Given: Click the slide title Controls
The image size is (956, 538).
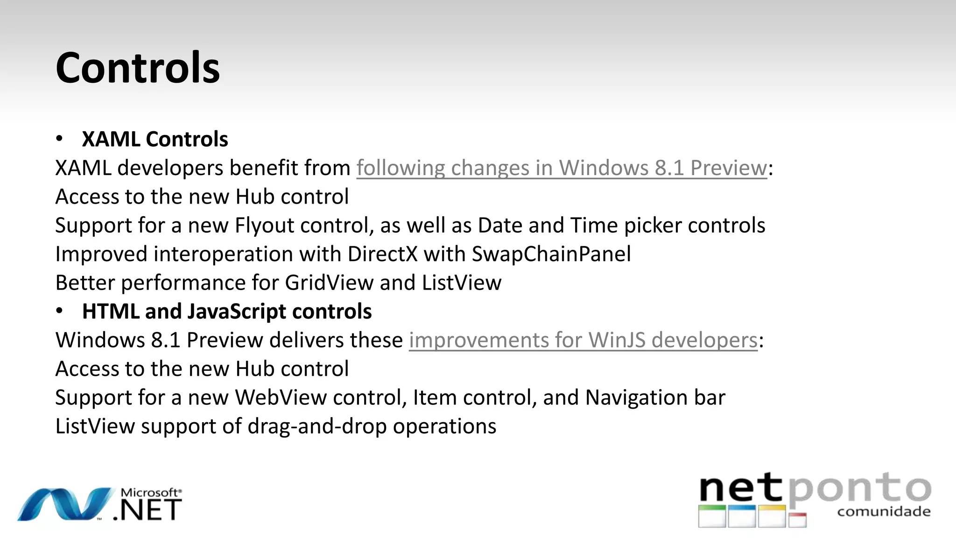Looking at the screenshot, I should click(137, 68).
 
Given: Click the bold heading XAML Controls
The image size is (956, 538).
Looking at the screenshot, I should click(155, 139).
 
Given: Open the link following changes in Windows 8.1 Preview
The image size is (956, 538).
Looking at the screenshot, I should click(561, 168).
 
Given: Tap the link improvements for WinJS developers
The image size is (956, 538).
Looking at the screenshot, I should click(583, 340).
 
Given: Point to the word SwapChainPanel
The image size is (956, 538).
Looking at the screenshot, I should click(551, 255).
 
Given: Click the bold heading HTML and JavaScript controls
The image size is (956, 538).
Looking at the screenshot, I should click(226, 311).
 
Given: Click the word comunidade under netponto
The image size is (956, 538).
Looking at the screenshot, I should click(884, 512).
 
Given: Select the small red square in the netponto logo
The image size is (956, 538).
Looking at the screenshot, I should click(798, 520).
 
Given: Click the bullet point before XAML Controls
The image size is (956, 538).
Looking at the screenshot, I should click(59, 139).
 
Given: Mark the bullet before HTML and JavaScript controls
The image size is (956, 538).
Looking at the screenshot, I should click(59, 311).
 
